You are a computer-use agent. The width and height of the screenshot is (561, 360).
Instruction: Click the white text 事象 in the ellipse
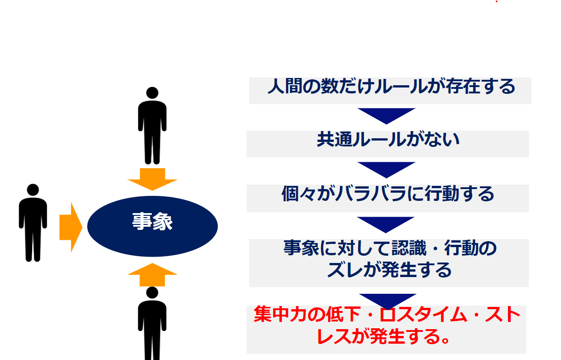click(153, 221)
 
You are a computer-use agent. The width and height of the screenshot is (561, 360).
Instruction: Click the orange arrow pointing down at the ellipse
click(152, 180)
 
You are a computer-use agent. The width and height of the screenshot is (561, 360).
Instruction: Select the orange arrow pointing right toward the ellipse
click(71, 227)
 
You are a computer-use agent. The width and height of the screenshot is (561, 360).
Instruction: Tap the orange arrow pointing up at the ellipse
click(152, 275)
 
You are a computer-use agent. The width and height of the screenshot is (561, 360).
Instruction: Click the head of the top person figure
click(152, 93)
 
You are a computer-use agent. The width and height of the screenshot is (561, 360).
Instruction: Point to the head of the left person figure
click(33, 190)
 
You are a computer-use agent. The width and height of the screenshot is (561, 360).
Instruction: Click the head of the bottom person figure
click(152, 292)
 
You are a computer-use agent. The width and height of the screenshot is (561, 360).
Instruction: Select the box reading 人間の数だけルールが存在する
click(390, 91)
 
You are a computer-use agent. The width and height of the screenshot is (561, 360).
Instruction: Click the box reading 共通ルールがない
click(388, 144)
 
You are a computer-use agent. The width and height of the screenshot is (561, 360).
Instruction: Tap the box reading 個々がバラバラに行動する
click(388, 199)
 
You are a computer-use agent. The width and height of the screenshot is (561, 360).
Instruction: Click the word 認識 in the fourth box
click(409, 248)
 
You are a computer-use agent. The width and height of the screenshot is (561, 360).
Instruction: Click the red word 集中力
click(281, 314)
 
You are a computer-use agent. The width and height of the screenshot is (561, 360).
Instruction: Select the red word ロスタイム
click(423, 314)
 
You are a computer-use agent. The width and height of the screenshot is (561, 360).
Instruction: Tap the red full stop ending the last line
click(445, 340)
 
